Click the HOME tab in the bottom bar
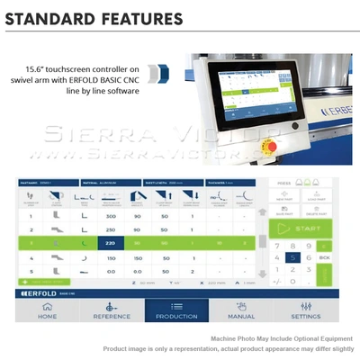[46, 310]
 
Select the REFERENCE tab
[104, 310]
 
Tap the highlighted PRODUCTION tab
[176, 310]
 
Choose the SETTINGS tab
[306, 310]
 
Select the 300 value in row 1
[111, 217]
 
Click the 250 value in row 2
[111, 229]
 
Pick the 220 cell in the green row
[111, 243]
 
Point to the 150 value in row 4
[111, 256]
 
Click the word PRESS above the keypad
[284, 183]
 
